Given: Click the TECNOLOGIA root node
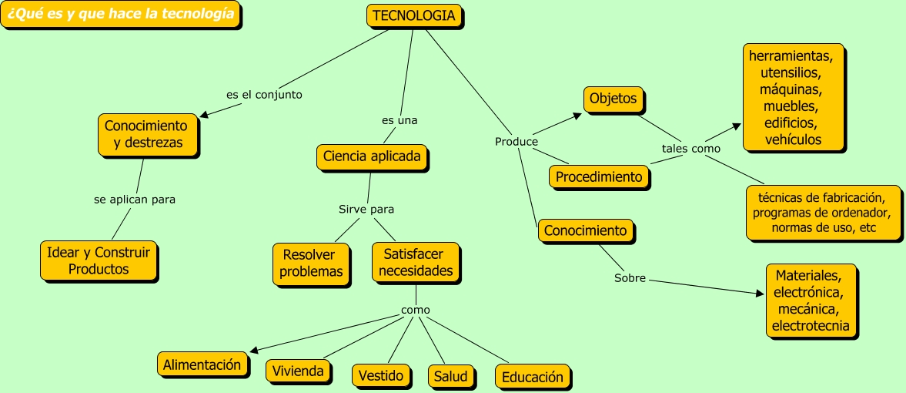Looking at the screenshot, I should coord(413,15).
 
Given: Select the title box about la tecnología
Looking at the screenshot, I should coord(120,15).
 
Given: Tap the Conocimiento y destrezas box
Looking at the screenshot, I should coord(145,134).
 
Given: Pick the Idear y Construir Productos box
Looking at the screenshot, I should coord(99,260).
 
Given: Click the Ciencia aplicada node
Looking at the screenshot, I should coord(372,156).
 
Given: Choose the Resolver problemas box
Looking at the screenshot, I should coord(311,263).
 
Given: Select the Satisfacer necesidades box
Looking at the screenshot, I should coord(416,262).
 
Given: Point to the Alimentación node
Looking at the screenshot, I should coord(202,364).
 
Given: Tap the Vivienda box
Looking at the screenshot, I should coord(298,371).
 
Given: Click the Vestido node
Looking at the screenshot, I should coord(381,375).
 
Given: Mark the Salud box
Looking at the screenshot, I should coord(450,376).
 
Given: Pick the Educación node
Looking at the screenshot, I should coord(533,377).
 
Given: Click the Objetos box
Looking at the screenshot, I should coord(613,99).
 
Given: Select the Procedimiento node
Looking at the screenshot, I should coord(599,176).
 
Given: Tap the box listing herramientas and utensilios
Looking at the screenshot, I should coord(791,98).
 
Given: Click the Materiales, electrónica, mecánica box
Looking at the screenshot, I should coord(811,301).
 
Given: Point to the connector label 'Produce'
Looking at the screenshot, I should coord(516,142).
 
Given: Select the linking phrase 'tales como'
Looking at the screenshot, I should coord(690,148).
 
